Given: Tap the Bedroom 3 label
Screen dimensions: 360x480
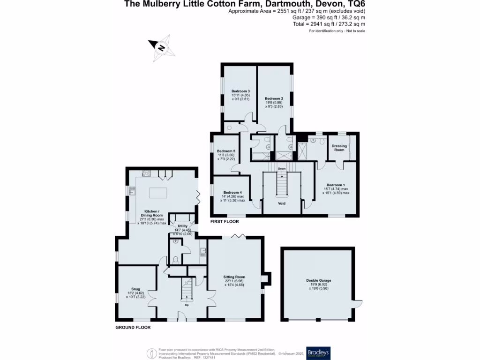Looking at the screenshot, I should point(240,91).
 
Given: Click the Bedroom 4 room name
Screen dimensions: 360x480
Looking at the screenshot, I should point(232,193).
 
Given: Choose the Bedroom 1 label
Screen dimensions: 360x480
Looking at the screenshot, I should point(335,185).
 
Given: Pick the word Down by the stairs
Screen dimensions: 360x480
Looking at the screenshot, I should point(282,168).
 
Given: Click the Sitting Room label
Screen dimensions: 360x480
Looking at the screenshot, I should point(235,277).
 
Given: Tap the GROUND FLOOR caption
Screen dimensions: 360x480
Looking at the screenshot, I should point(133,327).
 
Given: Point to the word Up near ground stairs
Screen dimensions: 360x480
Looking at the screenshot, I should point(186,305).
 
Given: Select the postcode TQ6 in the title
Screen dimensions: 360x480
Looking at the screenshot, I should point(356,4).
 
